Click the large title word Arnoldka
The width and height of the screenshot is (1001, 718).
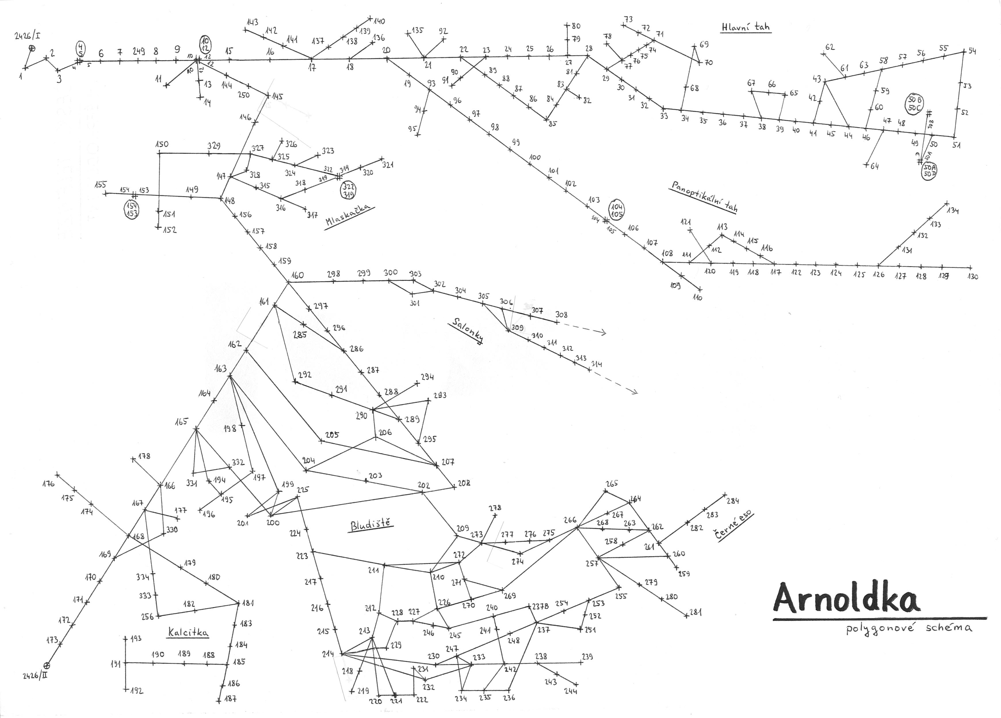(847, 599)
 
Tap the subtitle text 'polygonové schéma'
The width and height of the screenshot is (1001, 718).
(908, 629)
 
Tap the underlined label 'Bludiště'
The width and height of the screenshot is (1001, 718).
(371, 525)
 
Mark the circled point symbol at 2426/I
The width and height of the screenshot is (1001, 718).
(32, 48)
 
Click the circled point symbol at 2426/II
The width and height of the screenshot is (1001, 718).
(47, 665)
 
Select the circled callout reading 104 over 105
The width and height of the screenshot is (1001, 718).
(617, 210)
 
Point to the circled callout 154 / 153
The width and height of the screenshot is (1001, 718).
(131, 210)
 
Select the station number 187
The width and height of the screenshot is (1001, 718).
(230, 699)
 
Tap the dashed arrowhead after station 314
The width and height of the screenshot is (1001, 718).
(636, 391)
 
